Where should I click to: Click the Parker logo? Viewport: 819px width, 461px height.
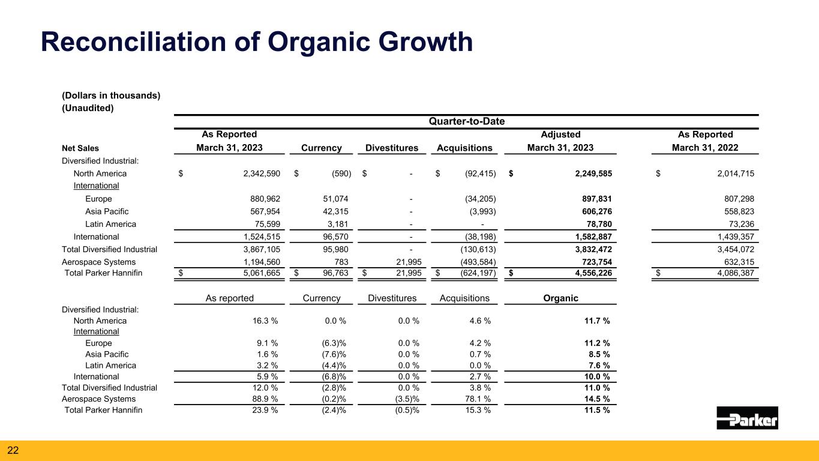(747, 418)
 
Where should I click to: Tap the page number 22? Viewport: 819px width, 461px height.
(13, 450)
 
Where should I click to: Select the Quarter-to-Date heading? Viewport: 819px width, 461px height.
(466, 121)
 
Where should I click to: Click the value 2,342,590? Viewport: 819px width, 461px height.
(256, 173)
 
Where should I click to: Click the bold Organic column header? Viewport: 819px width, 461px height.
(561, 298)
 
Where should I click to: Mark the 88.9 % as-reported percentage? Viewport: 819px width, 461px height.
(265, 399)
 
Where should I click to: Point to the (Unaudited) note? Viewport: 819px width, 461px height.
(88, 108)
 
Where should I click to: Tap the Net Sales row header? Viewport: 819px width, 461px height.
(80, 148)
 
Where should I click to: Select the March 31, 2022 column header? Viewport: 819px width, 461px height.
(704, 148)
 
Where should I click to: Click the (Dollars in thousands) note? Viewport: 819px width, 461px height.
(111, 95)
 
